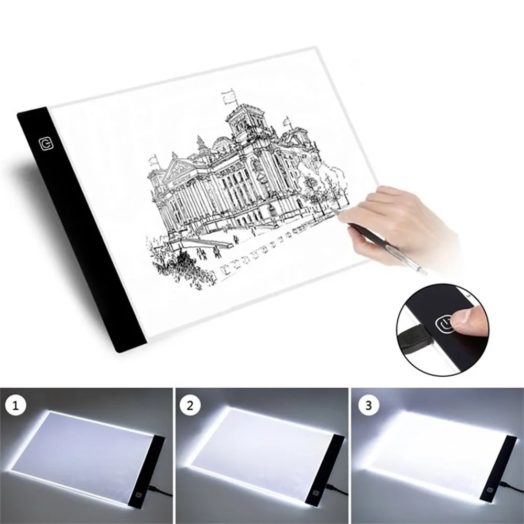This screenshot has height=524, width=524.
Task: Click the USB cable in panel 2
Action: [x=335, y=491]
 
